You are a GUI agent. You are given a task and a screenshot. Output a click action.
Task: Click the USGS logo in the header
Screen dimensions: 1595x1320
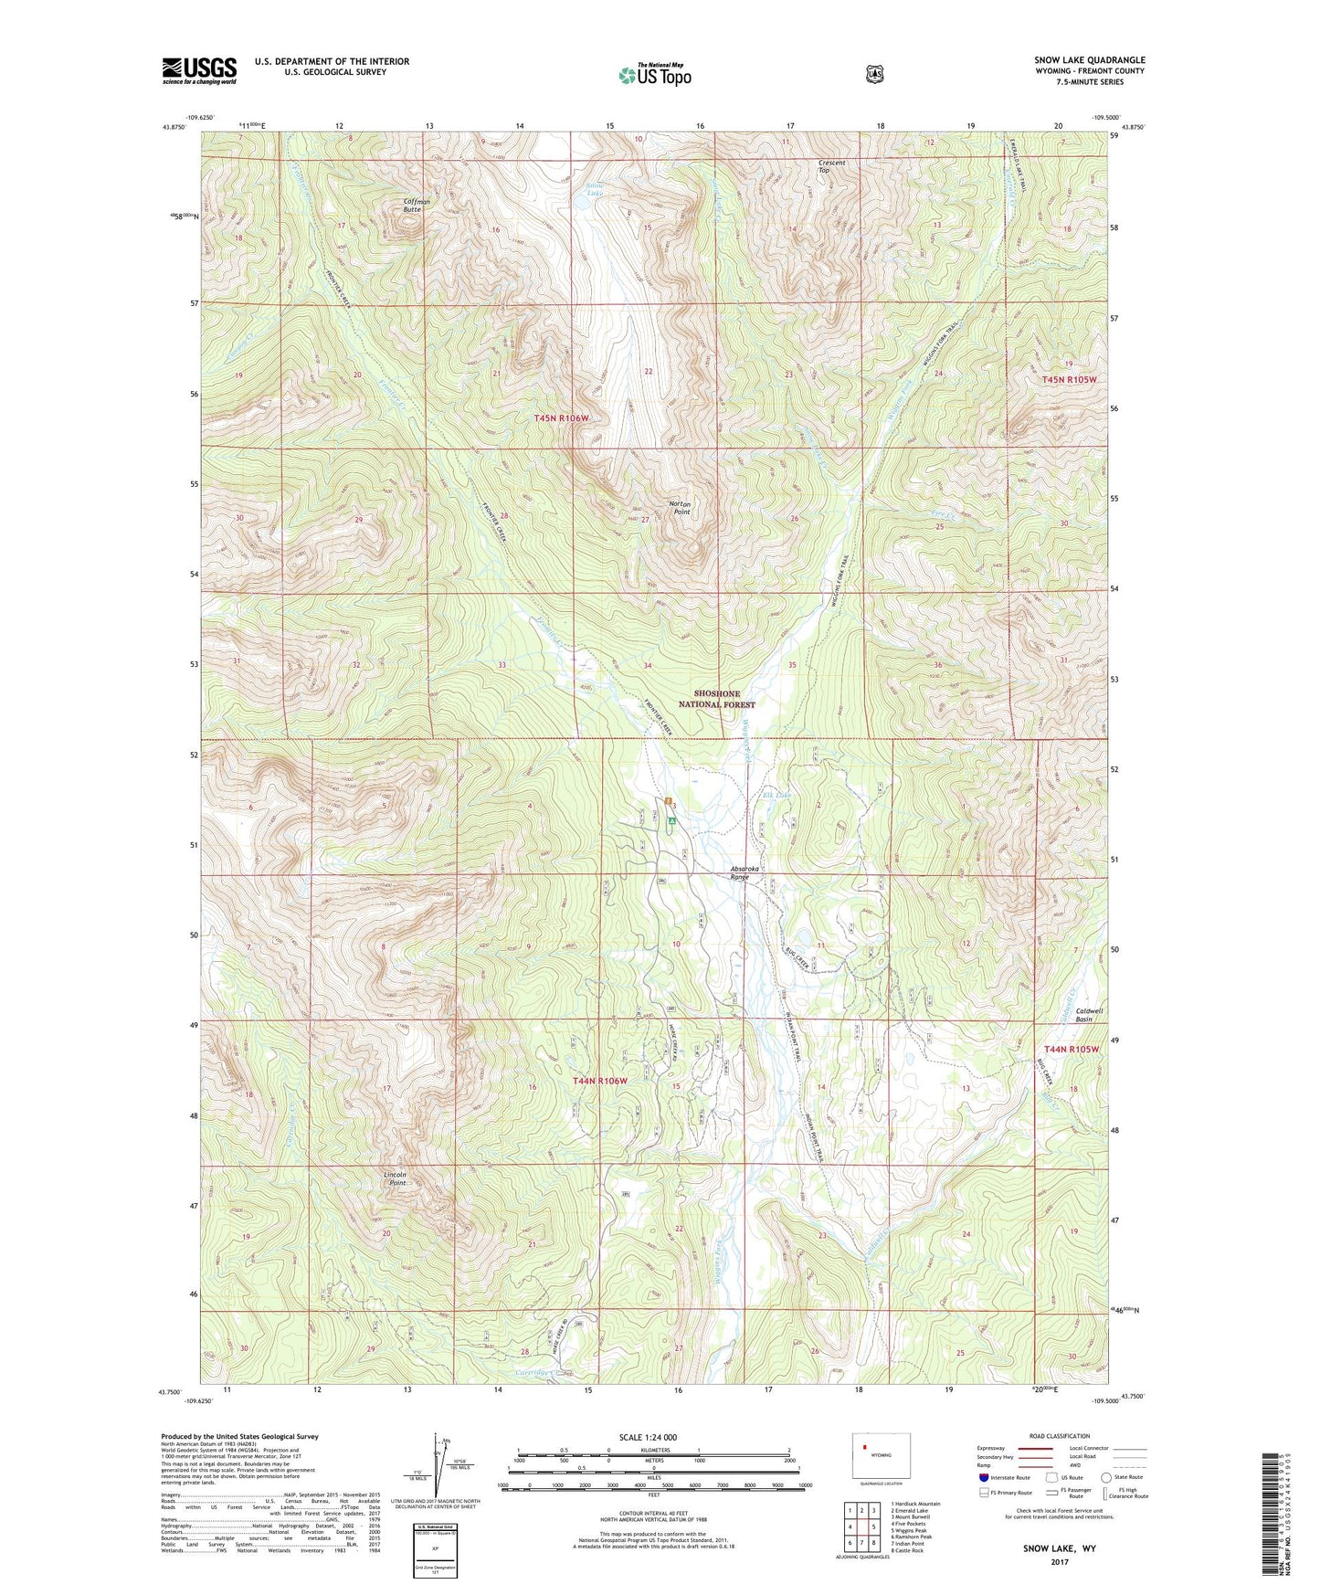point(199,70)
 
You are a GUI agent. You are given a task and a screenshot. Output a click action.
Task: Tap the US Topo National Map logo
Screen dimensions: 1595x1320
point(654,75)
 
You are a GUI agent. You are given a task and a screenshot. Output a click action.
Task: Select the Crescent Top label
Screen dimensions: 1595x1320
point(830,166)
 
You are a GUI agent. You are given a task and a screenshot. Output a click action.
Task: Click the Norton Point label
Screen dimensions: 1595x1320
point(680,508)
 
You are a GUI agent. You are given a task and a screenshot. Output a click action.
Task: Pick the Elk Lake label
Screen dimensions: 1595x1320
point(776,795)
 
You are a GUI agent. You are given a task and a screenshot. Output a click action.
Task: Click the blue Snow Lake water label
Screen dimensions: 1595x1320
point(595,189)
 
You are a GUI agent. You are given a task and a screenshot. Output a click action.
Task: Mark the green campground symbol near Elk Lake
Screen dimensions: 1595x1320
point(671,821)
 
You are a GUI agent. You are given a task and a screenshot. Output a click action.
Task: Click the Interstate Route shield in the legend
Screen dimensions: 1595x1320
point(983,1477)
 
